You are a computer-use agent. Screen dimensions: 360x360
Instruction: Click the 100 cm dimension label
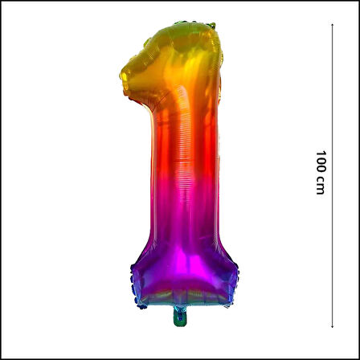click(321, 173)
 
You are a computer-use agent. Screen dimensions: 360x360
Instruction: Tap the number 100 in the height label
click(321, 162)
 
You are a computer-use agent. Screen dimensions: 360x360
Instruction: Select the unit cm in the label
click(320, 186)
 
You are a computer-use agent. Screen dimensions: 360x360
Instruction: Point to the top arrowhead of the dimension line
click(332, 25)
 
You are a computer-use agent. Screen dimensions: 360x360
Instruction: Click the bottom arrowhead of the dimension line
click(332, 326)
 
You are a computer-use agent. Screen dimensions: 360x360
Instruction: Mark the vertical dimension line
click(332, 175)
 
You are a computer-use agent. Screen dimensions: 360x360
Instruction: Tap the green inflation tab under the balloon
click(180, 317)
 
